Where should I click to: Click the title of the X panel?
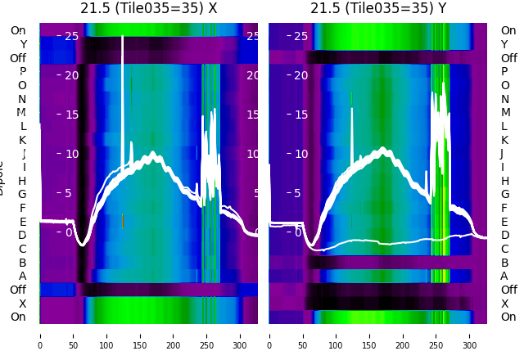click(x=148, y=9)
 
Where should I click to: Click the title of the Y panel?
click(x=378, y=9)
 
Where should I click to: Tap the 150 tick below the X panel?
click(x=140, y=335)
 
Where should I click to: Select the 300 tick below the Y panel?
click(x=470, y=335)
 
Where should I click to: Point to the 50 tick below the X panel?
click(x=73, y=335)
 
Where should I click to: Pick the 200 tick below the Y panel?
click(x=403, y=335)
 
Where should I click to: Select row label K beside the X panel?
click(x=22, y=140)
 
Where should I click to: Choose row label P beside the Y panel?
click(x=504, y=71)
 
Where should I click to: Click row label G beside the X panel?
click(x=22, y=194)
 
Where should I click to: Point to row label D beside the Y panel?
click(x=504, y=235)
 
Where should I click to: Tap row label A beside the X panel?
click(x=22, y=276)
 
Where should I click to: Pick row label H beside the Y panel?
click(x=504, y=181)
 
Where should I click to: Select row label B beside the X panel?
click(x=22, y=263)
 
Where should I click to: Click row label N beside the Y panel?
click(x=504, y=99)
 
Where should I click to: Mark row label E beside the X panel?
click(x=22, y=222)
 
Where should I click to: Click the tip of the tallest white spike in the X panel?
click(x=123, y=36)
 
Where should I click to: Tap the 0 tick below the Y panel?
click(x=269, y=335)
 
